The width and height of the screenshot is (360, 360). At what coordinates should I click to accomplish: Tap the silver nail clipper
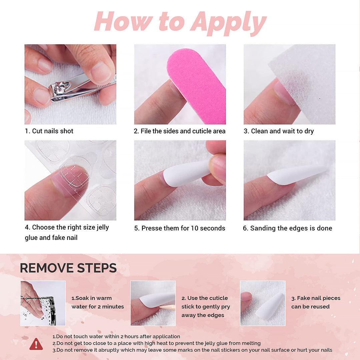click(72, 88)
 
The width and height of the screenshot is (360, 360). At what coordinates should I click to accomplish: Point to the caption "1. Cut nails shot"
click(49, 131)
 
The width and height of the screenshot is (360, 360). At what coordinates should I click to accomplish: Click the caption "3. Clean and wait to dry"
click(279, 131)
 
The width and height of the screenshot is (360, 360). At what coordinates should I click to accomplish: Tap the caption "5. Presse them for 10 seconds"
click(180, 228)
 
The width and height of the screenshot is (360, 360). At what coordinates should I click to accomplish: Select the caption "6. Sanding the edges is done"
click(287, 228)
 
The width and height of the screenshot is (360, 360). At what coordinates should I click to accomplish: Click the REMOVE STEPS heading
click(68, 268)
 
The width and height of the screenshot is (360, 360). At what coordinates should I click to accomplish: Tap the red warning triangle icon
click(36, 344)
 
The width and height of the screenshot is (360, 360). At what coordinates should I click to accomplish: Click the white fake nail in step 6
click(297, 175)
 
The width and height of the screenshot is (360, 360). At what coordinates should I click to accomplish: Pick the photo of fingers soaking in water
click(43, 303)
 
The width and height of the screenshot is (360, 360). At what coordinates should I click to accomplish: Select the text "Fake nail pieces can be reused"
click(315, 302)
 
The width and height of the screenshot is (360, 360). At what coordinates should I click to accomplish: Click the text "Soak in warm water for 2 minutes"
click(98, 302)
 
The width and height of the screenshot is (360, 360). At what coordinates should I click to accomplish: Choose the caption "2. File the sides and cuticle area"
click(180, 131)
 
